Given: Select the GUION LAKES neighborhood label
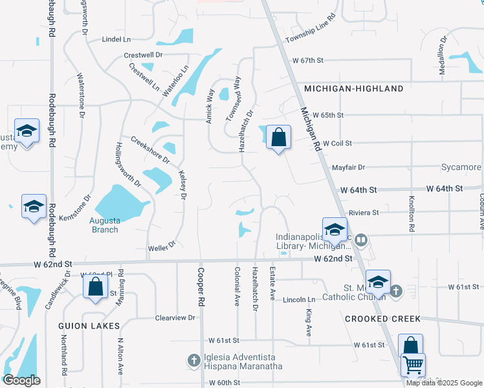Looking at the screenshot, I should tap(89, 325).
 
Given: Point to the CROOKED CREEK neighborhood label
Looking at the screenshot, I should tap(382, 319).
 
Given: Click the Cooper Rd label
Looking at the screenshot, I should tap(201, 288).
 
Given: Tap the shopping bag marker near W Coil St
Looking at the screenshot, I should tap(278, 137).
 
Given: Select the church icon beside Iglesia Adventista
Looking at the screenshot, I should tap(193, 360).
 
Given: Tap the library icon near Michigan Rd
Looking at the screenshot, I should tap(361, 241).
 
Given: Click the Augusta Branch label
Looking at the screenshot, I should tap(104, 225).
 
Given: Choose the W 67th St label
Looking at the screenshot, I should tap(307, 60).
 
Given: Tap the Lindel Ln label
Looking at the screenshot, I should tap(116, 39).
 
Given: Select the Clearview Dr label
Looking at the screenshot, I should tap(175, 318).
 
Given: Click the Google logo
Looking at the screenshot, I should tap(21, 380).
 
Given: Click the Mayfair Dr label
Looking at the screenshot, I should tap(349, 167).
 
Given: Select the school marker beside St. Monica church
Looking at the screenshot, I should tap(378, 282).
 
